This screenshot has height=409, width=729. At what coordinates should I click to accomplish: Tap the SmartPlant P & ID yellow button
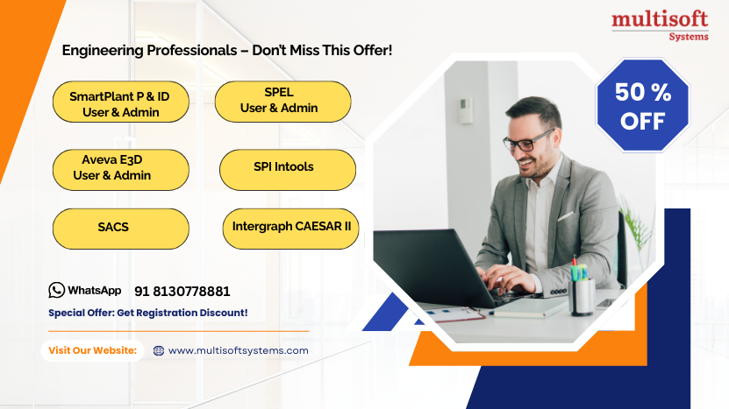[x=120, y=103]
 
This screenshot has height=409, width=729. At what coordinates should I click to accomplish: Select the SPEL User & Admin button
[x=282, y=101]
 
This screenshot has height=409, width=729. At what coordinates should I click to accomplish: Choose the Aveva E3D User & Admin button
[x=120, y=168]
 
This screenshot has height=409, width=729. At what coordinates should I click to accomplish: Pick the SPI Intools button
[x=287, y=168]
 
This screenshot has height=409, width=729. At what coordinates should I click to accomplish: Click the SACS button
[x=120, y=228]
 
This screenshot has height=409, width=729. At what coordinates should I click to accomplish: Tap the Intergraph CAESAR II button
[x=290, y=227]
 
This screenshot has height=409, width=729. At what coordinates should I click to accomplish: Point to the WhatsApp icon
[x=57, y=290]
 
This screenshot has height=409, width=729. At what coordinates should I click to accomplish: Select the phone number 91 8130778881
[x=182, y=291]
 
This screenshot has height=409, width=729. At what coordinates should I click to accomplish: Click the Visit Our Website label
[x=92, y=350]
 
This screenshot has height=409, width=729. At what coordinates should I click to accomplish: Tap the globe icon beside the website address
[x=159, y=350]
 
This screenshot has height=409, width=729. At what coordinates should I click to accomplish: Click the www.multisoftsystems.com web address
[x=238, y=350]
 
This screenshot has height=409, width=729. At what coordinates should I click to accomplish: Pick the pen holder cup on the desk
[x=582, y=294]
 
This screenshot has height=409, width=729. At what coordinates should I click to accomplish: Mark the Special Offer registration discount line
[x=147, y=313]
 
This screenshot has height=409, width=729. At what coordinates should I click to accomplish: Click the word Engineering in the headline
[x=96, y=51]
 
